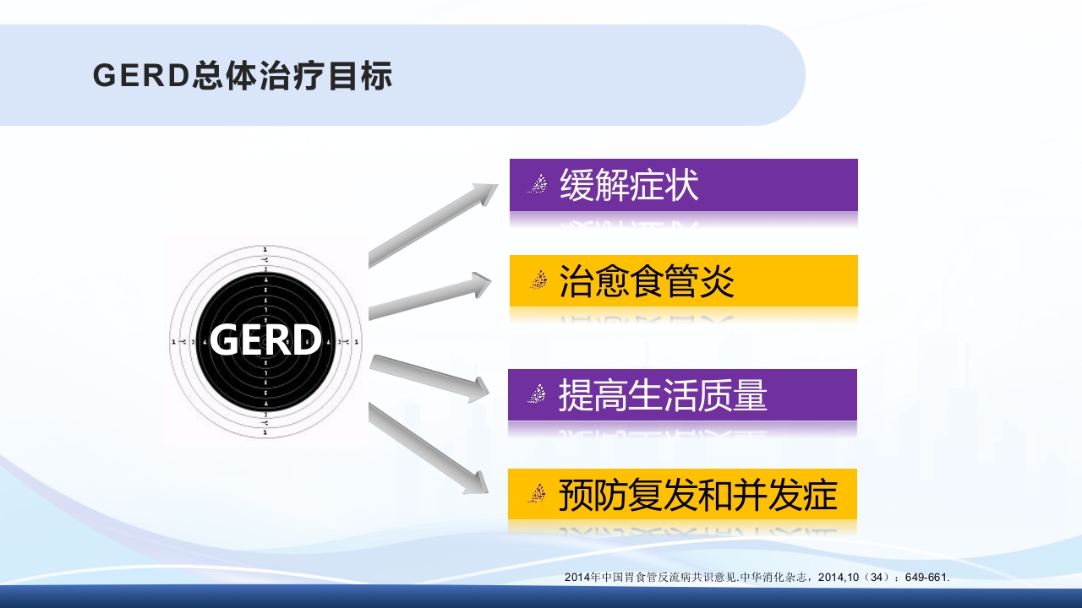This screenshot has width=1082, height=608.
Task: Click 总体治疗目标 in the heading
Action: tap(292, 76)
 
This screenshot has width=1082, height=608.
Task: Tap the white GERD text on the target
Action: tap(265, 340)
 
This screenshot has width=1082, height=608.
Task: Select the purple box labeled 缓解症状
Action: tap(683, 185)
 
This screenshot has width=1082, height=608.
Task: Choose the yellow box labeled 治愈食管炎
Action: tap(683, 280)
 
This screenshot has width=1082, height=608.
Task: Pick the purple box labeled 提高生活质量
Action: tap(683, 395)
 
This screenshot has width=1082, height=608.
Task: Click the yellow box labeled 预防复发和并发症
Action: tap(683, 495)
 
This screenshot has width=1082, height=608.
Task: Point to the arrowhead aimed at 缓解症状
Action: tap(485, 193)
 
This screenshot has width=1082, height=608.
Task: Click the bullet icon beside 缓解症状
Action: tap(537, 184)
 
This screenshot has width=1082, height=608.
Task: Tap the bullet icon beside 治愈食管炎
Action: tap(537, 280)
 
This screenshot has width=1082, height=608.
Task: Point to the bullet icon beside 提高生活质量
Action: tap(536, 394)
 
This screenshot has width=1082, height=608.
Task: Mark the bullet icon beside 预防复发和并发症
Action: tap(536, 494)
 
